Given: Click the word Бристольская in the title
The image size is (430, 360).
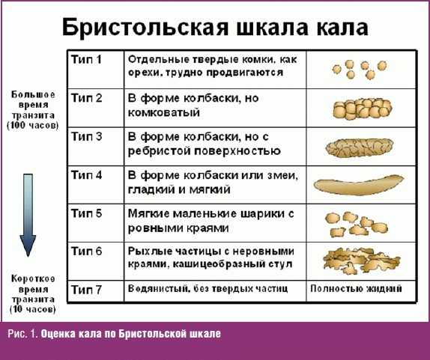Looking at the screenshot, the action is pos(145,28).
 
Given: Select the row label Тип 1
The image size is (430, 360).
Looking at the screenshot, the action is pos(86,59).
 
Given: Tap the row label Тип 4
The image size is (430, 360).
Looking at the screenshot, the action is pos(86,175).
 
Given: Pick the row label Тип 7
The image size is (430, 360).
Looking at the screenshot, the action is pos(86,290).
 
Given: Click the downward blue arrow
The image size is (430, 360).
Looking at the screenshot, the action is pos(28,215).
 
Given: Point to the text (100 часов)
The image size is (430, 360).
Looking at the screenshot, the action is pos(33,126).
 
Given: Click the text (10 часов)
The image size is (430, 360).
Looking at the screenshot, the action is pos(33,309).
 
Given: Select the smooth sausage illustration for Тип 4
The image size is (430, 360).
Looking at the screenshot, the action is pos(359,186).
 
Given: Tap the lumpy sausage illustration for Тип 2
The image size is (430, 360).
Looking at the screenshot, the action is pos(363,109).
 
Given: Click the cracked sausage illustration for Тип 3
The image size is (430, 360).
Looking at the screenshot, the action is pos(360,148).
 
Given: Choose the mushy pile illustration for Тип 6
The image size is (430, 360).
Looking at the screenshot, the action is pos(361,260).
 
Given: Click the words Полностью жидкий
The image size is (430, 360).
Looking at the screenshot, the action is pos(356,288).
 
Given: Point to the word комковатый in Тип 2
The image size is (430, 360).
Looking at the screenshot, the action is pos(164,112).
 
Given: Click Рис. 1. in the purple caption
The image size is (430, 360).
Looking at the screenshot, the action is pos(22,334).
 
